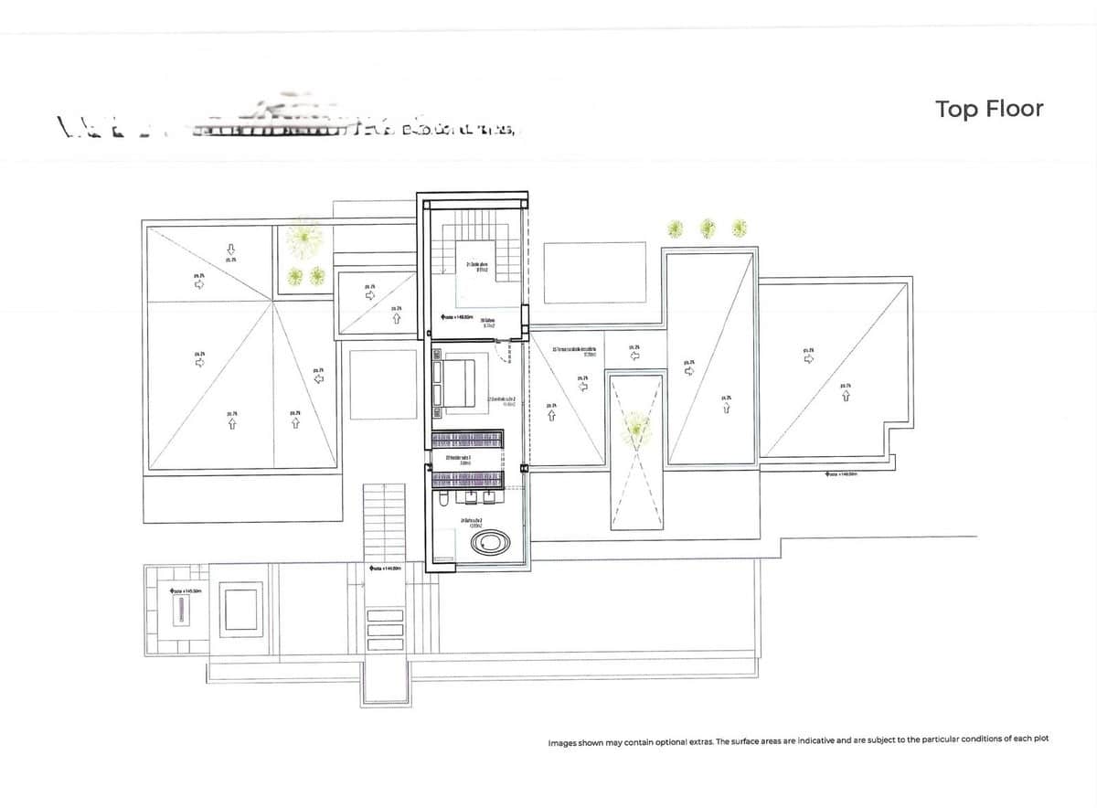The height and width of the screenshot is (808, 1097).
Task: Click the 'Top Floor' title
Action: click(x=988, y=109)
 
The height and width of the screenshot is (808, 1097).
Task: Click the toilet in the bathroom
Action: click(x=443, y=500)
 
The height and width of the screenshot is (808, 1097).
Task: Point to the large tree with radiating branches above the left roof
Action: click(x=303, y=239)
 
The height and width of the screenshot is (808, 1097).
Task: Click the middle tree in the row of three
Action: click(x=708, y=228)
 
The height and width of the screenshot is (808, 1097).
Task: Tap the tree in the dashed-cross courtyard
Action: click(x=635, y=426)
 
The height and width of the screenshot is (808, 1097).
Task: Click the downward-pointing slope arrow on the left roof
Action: click(x=231, y=248)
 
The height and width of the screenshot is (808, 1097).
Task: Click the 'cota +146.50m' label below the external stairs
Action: click(x=386, y=569)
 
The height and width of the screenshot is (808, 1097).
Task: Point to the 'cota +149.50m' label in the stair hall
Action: click(x=456, y=317)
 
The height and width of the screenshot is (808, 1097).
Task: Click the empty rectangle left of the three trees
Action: click(x=594, y=271)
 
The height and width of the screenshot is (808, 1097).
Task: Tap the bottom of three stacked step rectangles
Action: click(x=385, y=643)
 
